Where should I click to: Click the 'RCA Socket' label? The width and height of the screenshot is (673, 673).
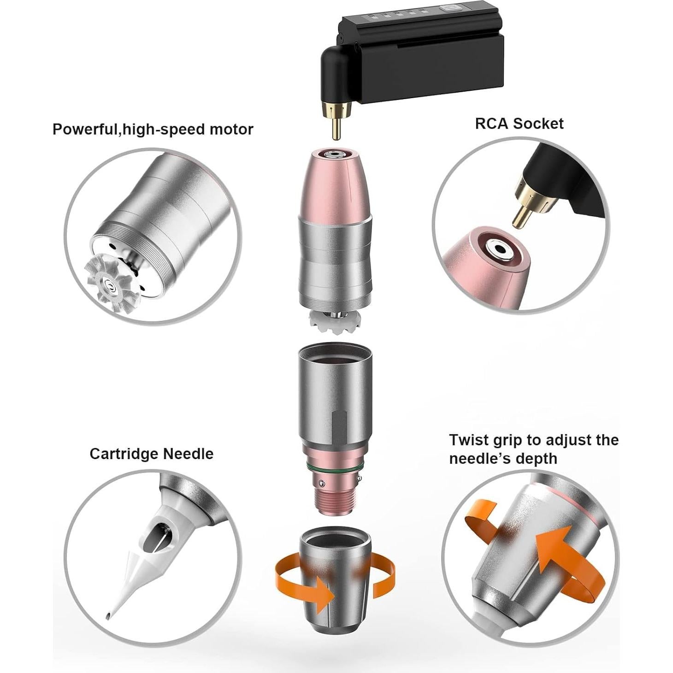tap(519, 124)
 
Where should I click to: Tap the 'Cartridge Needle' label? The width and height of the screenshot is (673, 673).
tap(151, 454)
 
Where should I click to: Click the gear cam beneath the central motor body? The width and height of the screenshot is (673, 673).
tap(336, 319)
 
